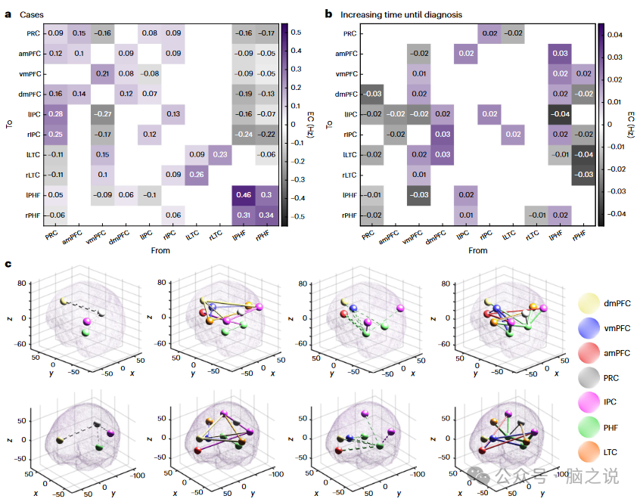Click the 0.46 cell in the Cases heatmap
click(243, 195)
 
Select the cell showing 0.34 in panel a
click(266, 215)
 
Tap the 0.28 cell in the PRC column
click(54, 113)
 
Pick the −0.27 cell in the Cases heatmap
click(102, 113)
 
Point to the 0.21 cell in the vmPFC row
click(102, 73)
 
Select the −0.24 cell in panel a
click(243, 134)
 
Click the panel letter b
click(328, 14)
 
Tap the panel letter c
click(8, 264)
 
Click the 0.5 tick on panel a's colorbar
click(296, 33)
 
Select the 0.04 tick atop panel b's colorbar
click(614, 34)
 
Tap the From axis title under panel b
click(477, 250)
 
